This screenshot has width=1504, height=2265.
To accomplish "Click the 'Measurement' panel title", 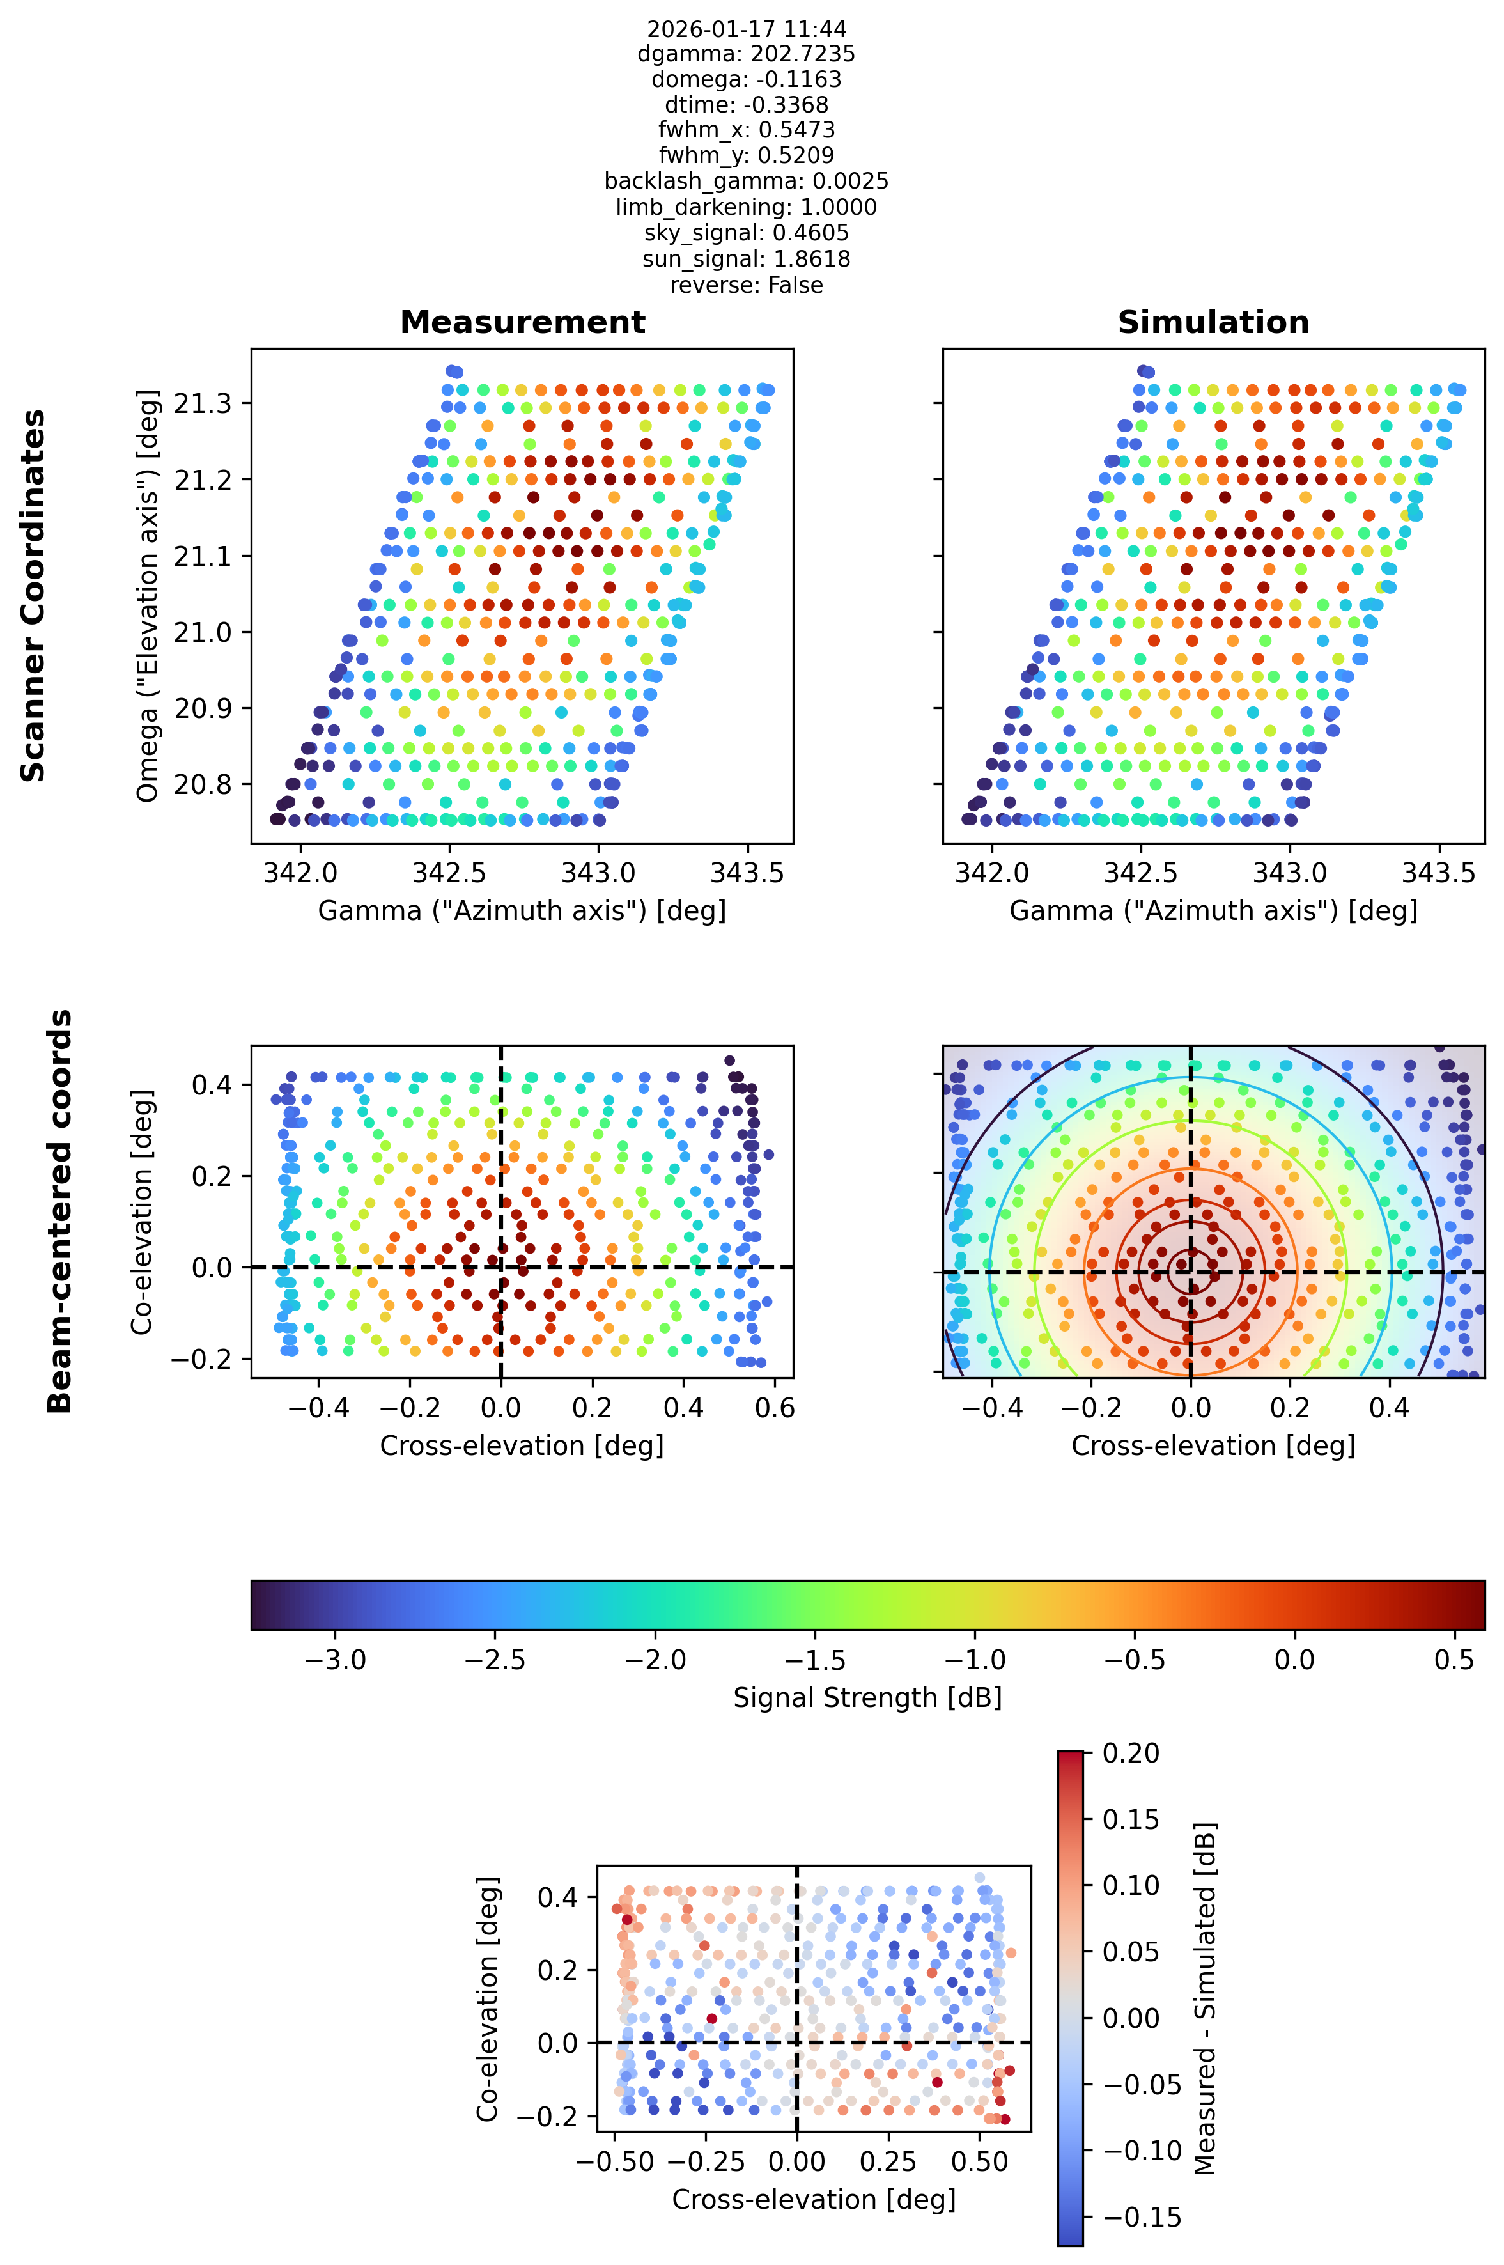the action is pos(523,322).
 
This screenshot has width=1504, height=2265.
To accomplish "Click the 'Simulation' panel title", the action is pos(1213,322).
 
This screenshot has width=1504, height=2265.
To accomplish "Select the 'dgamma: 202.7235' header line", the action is pos(746,54).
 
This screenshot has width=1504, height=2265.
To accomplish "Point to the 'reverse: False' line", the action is pos(746,285).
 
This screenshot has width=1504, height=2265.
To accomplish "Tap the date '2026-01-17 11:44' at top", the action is pos(746,29).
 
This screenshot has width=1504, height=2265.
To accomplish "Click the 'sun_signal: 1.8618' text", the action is pos(746,259).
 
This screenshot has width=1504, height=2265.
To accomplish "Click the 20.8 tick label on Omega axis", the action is pos(203,786).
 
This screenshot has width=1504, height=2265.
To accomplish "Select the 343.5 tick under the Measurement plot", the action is pos(746,873).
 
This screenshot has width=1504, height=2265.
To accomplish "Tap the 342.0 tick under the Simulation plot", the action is pos(992,873).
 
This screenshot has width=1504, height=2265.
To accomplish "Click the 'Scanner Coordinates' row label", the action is pos(34,596).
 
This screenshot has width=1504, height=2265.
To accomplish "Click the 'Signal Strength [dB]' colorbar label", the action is pos(867,1698).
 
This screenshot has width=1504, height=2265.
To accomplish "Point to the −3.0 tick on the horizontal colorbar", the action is pos(335,1661).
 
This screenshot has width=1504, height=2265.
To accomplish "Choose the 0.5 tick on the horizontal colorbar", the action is pos(1454,1661).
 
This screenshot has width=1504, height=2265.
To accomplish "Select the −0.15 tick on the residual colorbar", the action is pos(1142,2217).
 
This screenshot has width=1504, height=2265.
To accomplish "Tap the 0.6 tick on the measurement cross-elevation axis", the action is pos(775,1408).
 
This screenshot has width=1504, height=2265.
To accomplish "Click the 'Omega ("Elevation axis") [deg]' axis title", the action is pos(147,596).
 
